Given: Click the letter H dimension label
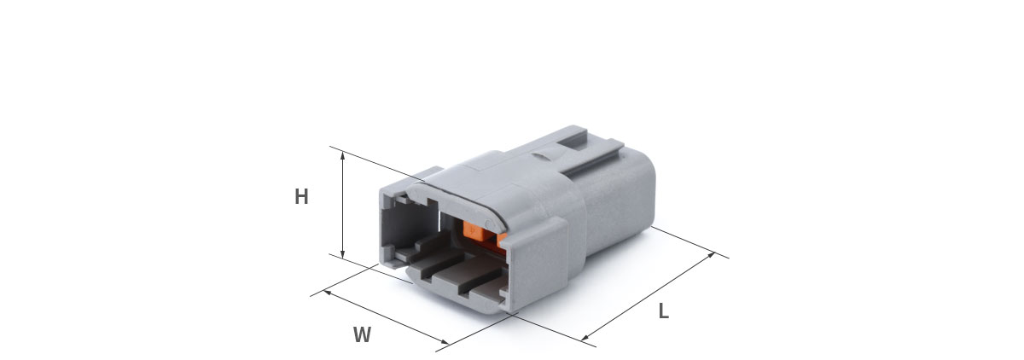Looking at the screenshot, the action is [x=301, y=196].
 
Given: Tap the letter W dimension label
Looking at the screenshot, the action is [x=362, y=335].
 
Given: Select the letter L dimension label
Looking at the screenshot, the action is [x=663, y=311].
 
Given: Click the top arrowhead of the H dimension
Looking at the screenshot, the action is [x=342, y=155].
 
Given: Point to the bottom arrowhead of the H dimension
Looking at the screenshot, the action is [x=342, y=253].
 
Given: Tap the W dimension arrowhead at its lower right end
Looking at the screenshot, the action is [x=445, y=342].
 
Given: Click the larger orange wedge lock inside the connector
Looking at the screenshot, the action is [x=476, y=230].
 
